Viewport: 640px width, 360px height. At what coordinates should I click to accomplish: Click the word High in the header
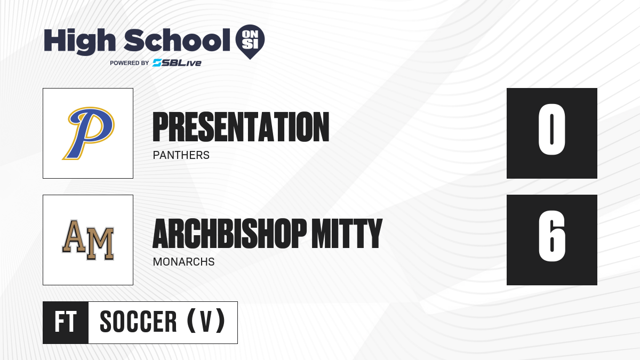[x=79, y=42]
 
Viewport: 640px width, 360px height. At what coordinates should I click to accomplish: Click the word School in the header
[x=177, y=40]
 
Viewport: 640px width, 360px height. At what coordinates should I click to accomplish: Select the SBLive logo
[x=177, y=63]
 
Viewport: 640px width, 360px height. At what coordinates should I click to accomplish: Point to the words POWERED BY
[x=130, y=63]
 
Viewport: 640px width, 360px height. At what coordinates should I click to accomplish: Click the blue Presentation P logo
[x=89, y=133]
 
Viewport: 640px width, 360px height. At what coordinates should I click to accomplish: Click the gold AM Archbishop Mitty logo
[x=88, y=240]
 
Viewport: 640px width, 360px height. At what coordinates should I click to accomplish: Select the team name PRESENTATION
[x=241, y=127]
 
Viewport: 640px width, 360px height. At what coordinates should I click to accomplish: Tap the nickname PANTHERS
[x=181, y=155]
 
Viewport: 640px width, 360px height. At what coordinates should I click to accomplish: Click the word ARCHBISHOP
[x=230, y=234]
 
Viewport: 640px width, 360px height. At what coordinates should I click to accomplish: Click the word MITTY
[x=347, y=234]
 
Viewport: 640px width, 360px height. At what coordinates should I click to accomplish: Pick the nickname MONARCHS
[x=183, y=262]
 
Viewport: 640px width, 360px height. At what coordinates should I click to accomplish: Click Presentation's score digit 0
[x=551, y=129]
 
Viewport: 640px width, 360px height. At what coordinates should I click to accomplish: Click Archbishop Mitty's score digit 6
[x=552, y=236]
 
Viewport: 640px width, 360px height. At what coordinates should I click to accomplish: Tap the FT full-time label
[x=66, y=322]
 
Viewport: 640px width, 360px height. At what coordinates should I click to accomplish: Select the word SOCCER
[x=138, y=322]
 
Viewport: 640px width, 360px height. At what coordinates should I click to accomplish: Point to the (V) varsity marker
[x=206, y=321]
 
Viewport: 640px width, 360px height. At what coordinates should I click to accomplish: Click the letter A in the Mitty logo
[x=74, y=236]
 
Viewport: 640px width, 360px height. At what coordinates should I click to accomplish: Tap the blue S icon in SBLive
[x=157, y=63]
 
